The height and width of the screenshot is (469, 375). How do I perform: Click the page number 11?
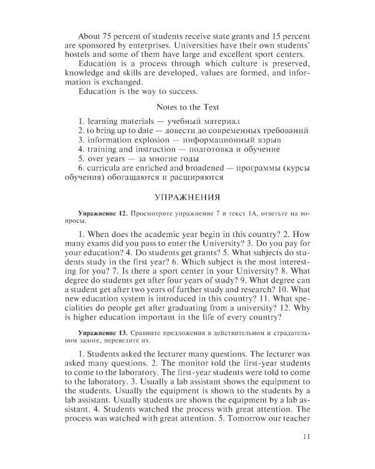coord(305,436)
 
